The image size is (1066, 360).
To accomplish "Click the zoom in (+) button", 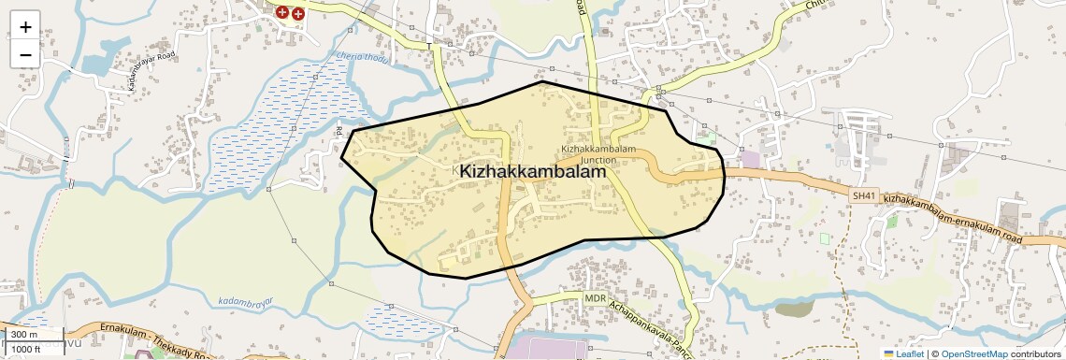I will [x=25, y=26].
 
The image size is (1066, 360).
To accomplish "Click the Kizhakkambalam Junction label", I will [x=598, y=154].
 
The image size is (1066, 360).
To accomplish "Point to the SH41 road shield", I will [x=864, y=195].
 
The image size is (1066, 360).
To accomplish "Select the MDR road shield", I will [x=596, y=298].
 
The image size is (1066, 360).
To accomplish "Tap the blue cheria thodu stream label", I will [x=361, y=59].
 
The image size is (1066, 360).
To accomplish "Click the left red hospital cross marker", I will [x=281, y=12].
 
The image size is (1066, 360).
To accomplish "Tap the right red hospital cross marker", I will [x=297, y=14].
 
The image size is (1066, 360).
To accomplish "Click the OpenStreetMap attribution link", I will [x=973, y=353].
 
